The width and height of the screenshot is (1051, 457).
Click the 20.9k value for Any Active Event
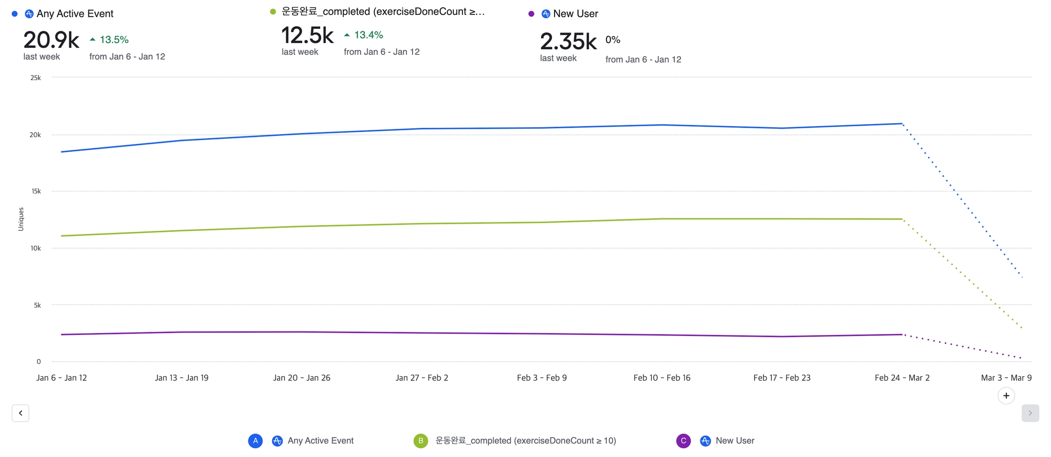click(x=51, y=40)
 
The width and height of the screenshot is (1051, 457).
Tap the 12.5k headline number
click(x=307, y=35)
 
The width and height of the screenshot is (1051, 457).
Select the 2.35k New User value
click(x=568, y=42)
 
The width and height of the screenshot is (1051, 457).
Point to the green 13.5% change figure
click(x=113, y=39)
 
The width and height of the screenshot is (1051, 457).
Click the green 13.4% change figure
click(x=368, y=35)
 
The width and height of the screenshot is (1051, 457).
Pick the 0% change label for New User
click(x=613, y=39)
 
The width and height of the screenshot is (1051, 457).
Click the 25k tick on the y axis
click(x=35, y=78)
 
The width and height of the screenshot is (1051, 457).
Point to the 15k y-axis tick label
click(x=36, y=191)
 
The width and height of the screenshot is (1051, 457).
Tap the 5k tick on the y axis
click(x=37, y=305)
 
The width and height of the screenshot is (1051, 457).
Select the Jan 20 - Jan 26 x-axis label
click(x=302, y=378)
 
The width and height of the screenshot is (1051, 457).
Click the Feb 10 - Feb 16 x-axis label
click(x=662, y=378)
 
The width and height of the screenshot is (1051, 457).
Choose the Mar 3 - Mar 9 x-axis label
click(x=1006, y=378)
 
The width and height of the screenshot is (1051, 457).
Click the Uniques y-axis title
click(x=21, y=219)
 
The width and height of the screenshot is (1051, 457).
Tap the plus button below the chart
click(x=1006, y=395)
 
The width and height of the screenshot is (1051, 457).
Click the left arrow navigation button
click(x=21, y=413)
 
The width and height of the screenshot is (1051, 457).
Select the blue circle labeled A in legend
click(x=256, y=441)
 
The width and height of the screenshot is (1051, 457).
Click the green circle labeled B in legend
click(x=421, y=441)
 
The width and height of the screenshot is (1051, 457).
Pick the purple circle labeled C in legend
click(x=684, y=441)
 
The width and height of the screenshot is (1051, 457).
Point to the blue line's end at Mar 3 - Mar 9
click(x=1022, y=277)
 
